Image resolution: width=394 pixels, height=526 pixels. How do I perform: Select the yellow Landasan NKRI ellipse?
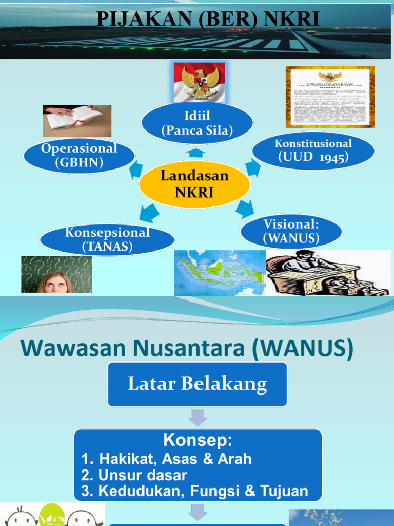coord(194,184)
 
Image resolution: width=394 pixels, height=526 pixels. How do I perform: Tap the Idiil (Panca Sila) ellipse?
coord(197,123)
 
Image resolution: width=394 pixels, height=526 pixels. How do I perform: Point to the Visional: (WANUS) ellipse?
coord(291,231)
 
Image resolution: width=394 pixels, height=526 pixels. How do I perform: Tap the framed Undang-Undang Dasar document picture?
coord(330,97)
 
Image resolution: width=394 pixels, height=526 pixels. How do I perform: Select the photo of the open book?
coord(76,120)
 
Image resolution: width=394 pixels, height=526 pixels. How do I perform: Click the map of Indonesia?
coord(220,273)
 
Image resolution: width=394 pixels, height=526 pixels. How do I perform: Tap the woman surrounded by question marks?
coord(56,274)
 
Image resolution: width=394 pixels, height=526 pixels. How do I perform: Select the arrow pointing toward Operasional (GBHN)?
coord(135,169)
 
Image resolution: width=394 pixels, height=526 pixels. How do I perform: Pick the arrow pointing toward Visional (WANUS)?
coord(245,208)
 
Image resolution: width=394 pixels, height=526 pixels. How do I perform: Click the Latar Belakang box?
coord(197,384)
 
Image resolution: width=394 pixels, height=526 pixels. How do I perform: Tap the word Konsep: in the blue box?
coord(198,440)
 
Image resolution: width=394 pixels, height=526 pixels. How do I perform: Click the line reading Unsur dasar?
coord(134,475)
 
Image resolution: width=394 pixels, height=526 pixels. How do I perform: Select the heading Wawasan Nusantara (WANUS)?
coord(187,349)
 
